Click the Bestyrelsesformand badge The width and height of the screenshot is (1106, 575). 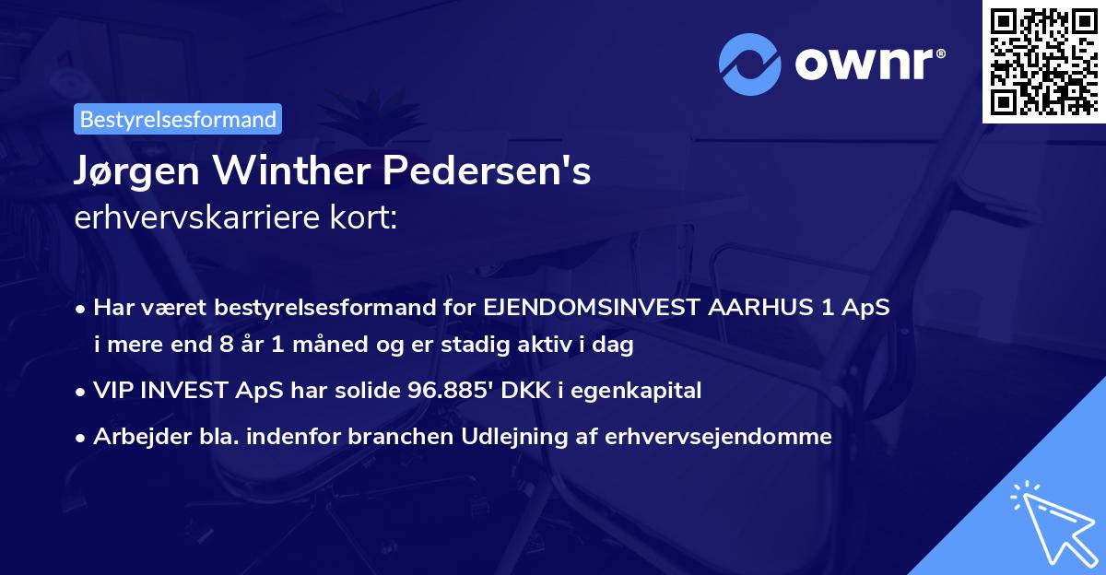(x=178, y=119)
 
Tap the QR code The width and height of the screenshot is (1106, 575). (x=1043, y=61)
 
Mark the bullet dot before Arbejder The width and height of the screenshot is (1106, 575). (x=82, y=438)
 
